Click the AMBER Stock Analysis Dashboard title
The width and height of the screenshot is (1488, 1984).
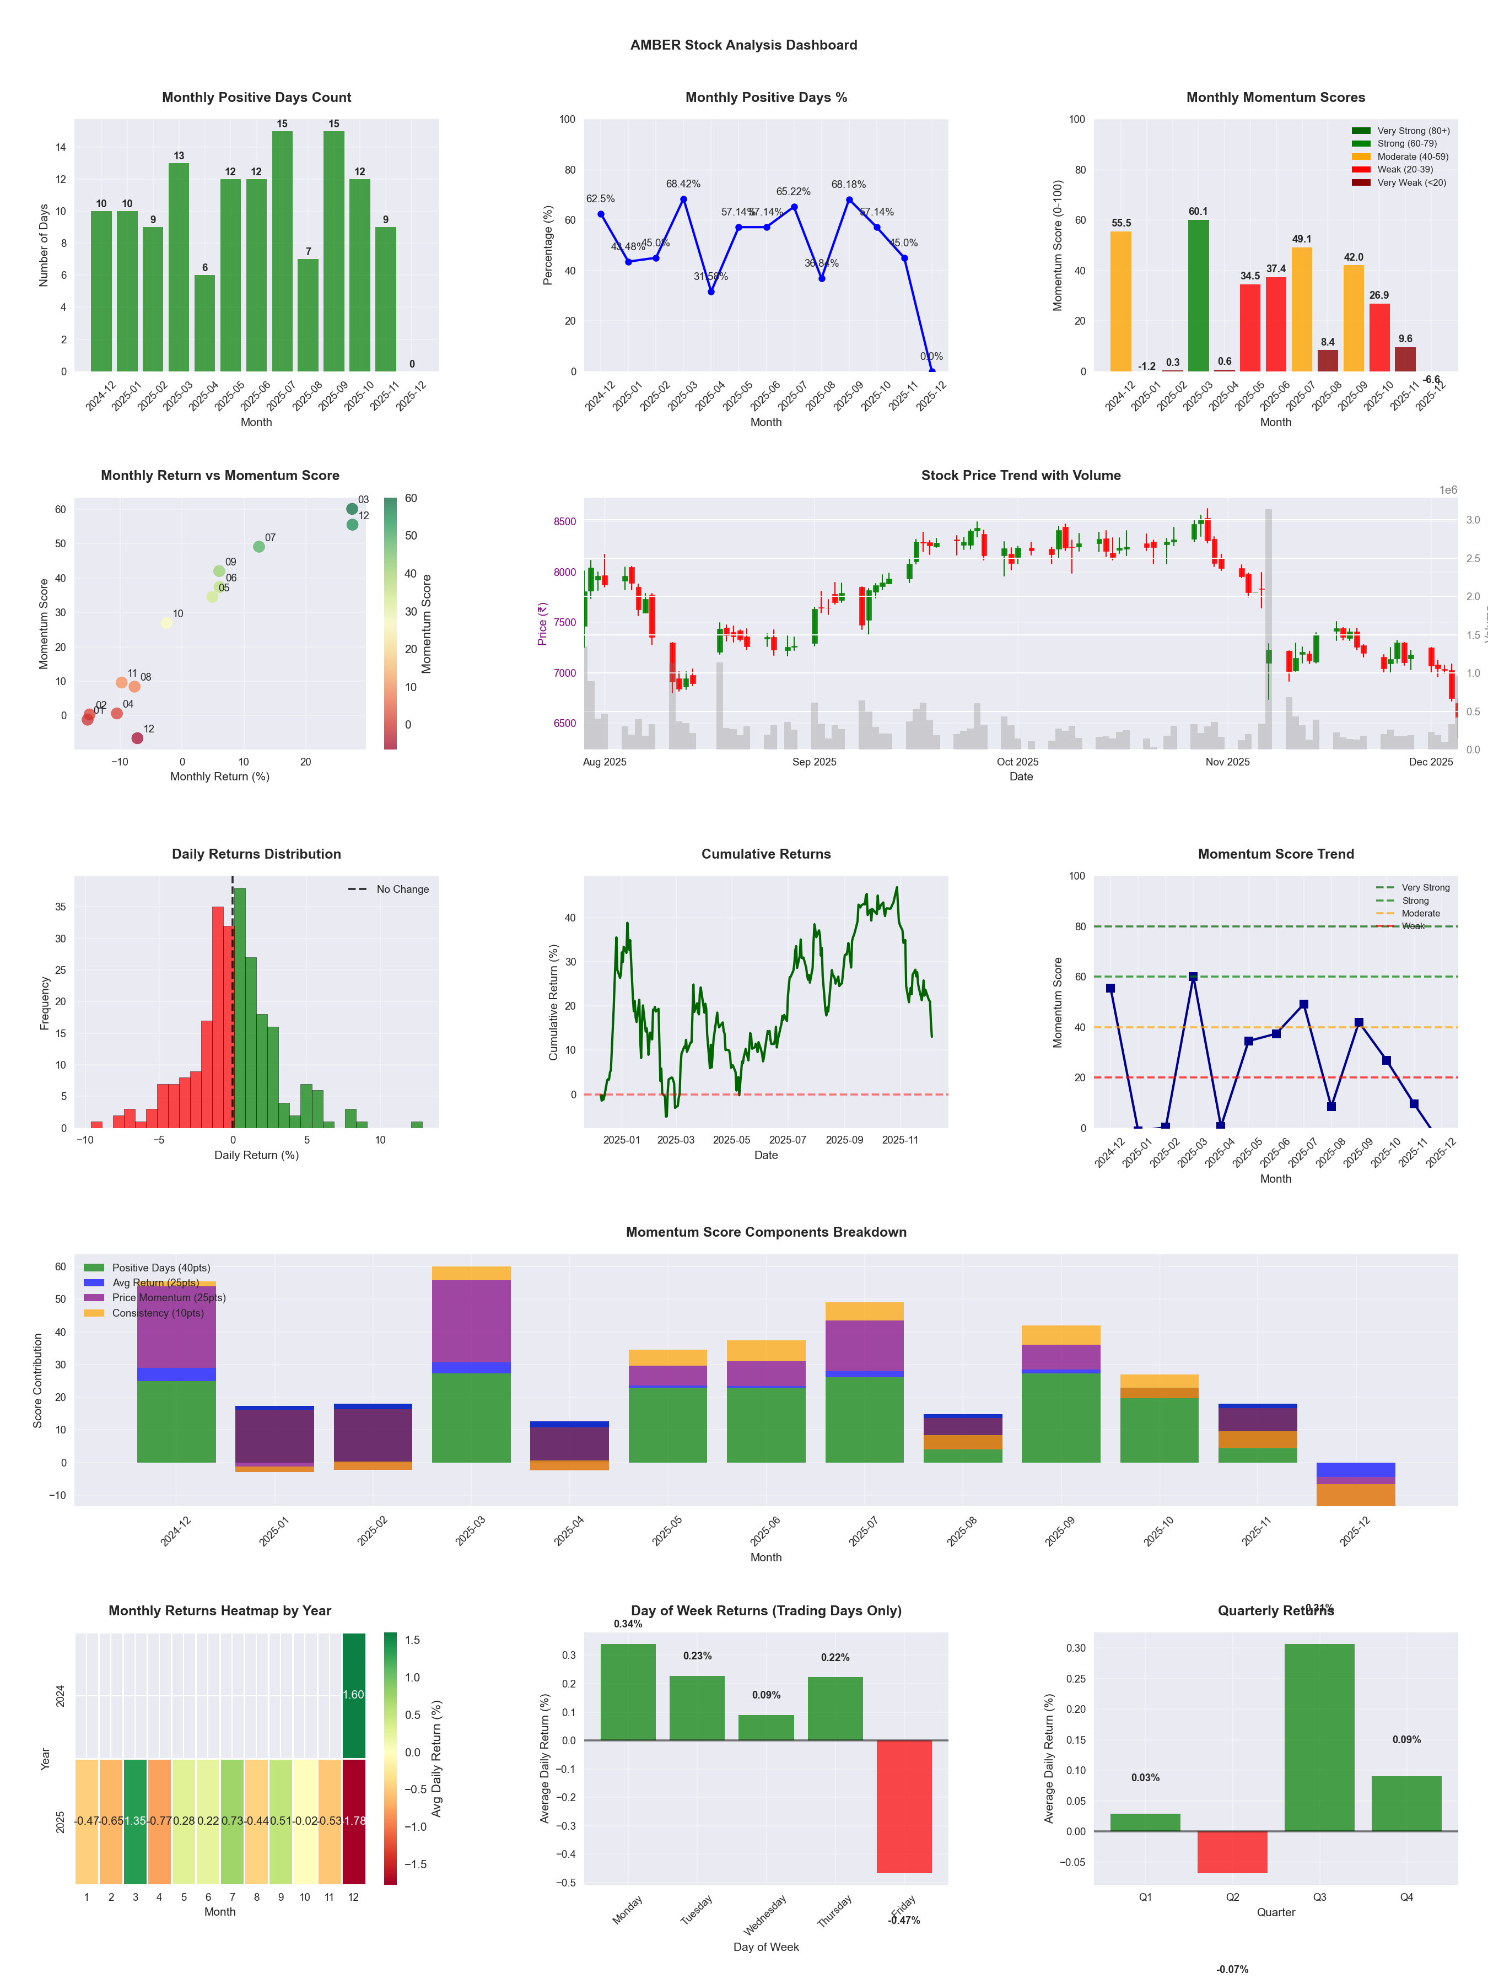pyautogui.click(x=743, y=45)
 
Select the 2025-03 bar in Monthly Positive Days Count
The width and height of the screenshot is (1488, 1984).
pyautogui.click(x=179, y=267)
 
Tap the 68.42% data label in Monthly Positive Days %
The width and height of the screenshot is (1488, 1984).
pyautogui.click(x=683, y=184)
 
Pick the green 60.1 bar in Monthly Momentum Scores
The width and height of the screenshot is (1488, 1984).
pyautogui.click(x=1198, y=296)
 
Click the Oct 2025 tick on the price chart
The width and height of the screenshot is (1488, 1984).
pyautogui.click(x=1017, y=762)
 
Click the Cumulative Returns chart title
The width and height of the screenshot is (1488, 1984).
pyautogui.click(x=766, y=854)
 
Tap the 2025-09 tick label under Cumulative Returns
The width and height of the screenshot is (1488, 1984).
pyautogui.click(x=844, y=1140)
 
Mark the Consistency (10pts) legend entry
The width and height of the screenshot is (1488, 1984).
pyautogui.click(x=158, y=1313)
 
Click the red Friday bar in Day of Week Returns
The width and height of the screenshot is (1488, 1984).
pyautogui.click(x=904, y=1807)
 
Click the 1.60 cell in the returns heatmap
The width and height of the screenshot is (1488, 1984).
pyautogui.click(x=353, y=1695)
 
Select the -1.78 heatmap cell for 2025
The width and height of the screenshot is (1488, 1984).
pyautogui.click(x=353, y=1821)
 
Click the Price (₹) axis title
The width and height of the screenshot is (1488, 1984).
pyautogui.click(x=542, y=623)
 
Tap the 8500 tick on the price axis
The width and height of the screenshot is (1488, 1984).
pyautogui.click(x=565, y=522)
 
